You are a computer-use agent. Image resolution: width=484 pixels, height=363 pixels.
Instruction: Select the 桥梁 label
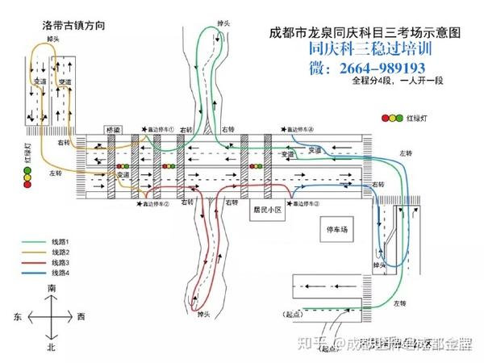pyautogui.click(x=113, y=129)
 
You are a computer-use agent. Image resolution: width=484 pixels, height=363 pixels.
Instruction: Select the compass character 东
pyautogui.click(x=17, y=317)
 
